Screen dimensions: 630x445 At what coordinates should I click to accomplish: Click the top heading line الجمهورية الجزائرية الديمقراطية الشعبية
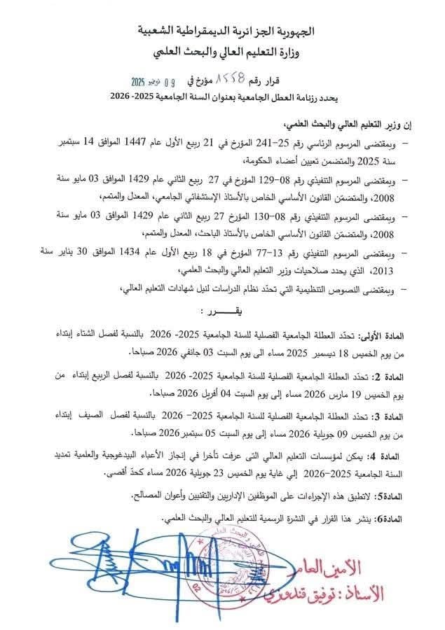click(x=222, y=31)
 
